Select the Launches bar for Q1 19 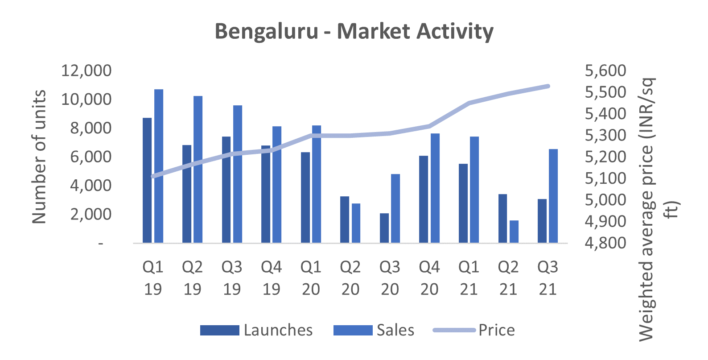coord(147,180)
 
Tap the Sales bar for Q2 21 coord(514,232)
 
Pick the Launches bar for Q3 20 coord(384,228)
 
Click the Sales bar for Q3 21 coord(553,196)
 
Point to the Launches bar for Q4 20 coord(424,199)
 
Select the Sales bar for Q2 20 coord(356,223)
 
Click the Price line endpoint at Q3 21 coord(548,86)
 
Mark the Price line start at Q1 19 coord(153,176)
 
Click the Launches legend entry coord(256,330)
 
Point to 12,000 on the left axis coord(86,70)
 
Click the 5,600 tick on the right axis coord(605,70)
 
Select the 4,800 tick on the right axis coord(605,243)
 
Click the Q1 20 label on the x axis coord(311,277)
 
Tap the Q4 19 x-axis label coord(271,277)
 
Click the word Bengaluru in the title coord(267,31)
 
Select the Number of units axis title coord(40,157)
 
